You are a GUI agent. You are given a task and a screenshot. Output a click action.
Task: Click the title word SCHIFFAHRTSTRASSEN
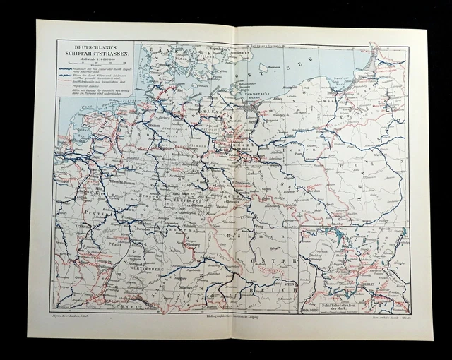(x=100, y=53)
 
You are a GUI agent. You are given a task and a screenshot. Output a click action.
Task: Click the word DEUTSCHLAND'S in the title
(x=100, y=46)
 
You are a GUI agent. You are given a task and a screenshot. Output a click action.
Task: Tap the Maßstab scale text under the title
(x=100, y=60)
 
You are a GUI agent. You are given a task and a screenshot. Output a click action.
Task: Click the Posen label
(x=304, y=152)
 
